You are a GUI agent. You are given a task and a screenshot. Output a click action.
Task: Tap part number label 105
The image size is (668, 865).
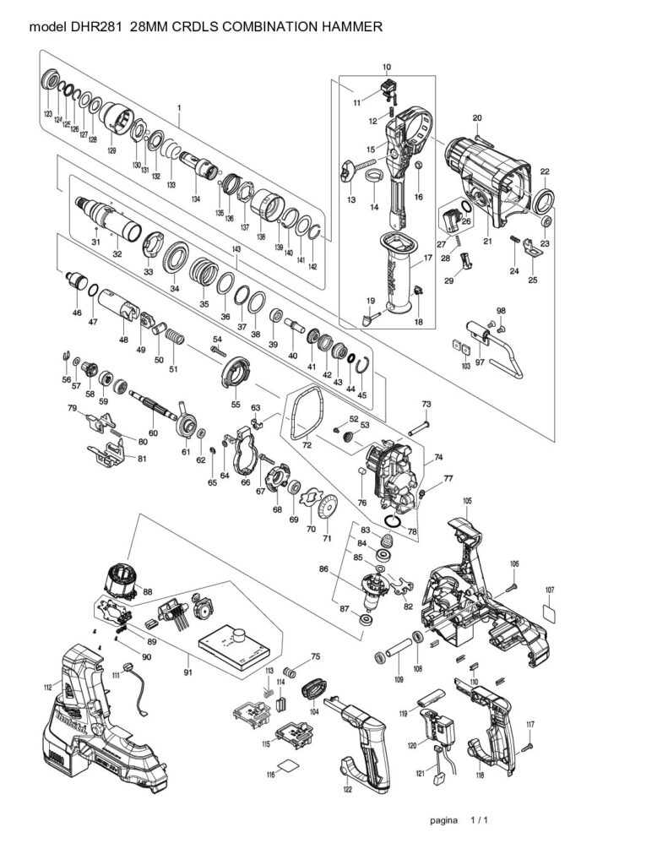[467, 501]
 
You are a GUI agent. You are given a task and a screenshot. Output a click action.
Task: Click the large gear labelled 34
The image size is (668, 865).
[176, 256]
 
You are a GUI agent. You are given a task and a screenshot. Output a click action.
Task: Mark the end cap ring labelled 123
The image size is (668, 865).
[50, 83]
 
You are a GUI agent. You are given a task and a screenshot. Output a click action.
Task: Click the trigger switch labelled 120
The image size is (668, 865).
[440, 726]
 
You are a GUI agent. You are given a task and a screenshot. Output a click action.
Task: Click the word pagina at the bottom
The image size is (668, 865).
[443, 820]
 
